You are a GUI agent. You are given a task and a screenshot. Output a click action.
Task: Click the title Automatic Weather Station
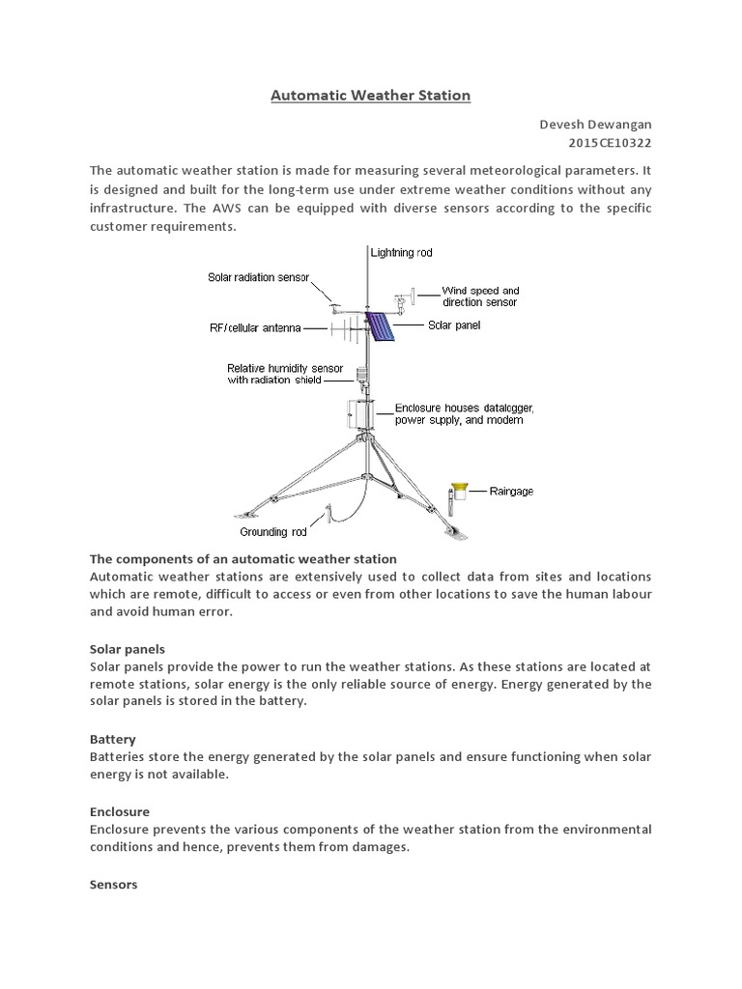(370, 96)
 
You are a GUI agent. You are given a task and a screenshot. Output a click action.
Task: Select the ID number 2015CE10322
(608, 143)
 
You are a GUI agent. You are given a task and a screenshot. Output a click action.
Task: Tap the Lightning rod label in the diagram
(401, 253)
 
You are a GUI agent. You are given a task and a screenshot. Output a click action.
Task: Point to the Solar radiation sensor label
(258, 277)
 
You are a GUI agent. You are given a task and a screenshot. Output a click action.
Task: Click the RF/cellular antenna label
(255, 327)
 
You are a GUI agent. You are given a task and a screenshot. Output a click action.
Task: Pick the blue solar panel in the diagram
(380, 327)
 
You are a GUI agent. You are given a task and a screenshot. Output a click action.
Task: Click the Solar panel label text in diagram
(454, 325)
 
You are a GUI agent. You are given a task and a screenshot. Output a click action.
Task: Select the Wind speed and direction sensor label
(480, 296)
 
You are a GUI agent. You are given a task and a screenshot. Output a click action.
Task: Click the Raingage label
(511, 492)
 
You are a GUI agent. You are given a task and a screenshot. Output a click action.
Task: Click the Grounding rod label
(273, 531)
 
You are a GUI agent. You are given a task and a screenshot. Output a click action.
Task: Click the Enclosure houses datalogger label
(464, 414)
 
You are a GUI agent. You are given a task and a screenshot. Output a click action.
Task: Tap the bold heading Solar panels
(127, 649)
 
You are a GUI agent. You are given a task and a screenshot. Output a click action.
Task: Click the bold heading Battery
(112, 739)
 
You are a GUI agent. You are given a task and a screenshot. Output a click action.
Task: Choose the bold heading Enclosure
(120, 811)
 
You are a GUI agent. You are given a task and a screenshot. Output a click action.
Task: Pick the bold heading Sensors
(114, 884)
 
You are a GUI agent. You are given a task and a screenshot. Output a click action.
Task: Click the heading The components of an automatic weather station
(243, 558)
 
